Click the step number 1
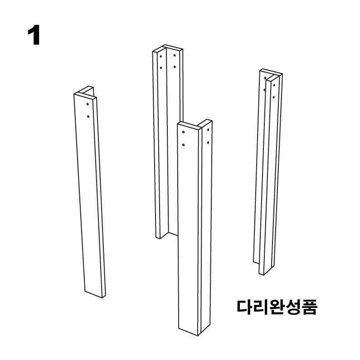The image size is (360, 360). (x=34, y=36)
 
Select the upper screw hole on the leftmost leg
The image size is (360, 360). (x=88, y=105)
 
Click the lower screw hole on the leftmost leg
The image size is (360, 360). (x=88, y=116)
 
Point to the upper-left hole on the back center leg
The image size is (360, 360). (x=161, y=57)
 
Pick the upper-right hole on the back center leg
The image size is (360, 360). (x=175, y=56)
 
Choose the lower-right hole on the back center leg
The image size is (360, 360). (x=175, y=67)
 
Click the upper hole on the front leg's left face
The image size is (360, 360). (x=183, y=133)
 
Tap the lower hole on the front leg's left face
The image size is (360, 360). (x=183, y=145)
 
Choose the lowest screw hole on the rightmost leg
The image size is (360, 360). (x=273, y=97)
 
